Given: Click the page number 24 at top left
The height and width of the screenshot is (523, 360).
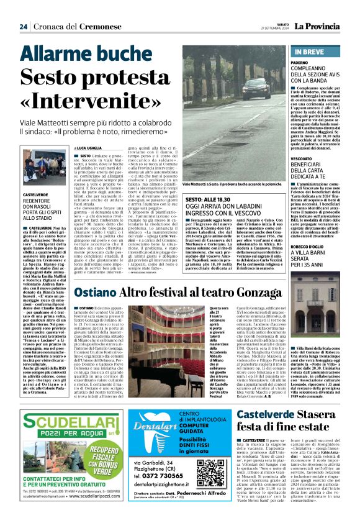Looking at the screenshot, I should pyautogui.click(x=23, y=27).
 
